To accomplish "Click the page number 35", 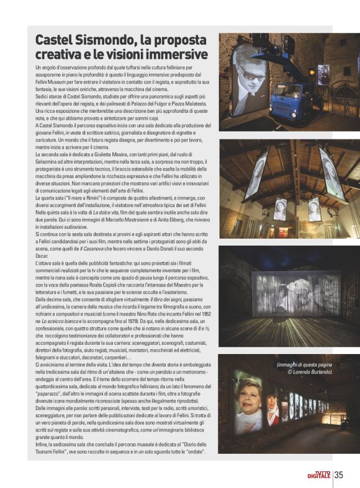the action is tap(339, 476).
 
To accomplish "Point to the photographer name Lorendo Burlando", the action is tap(310, 372).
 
